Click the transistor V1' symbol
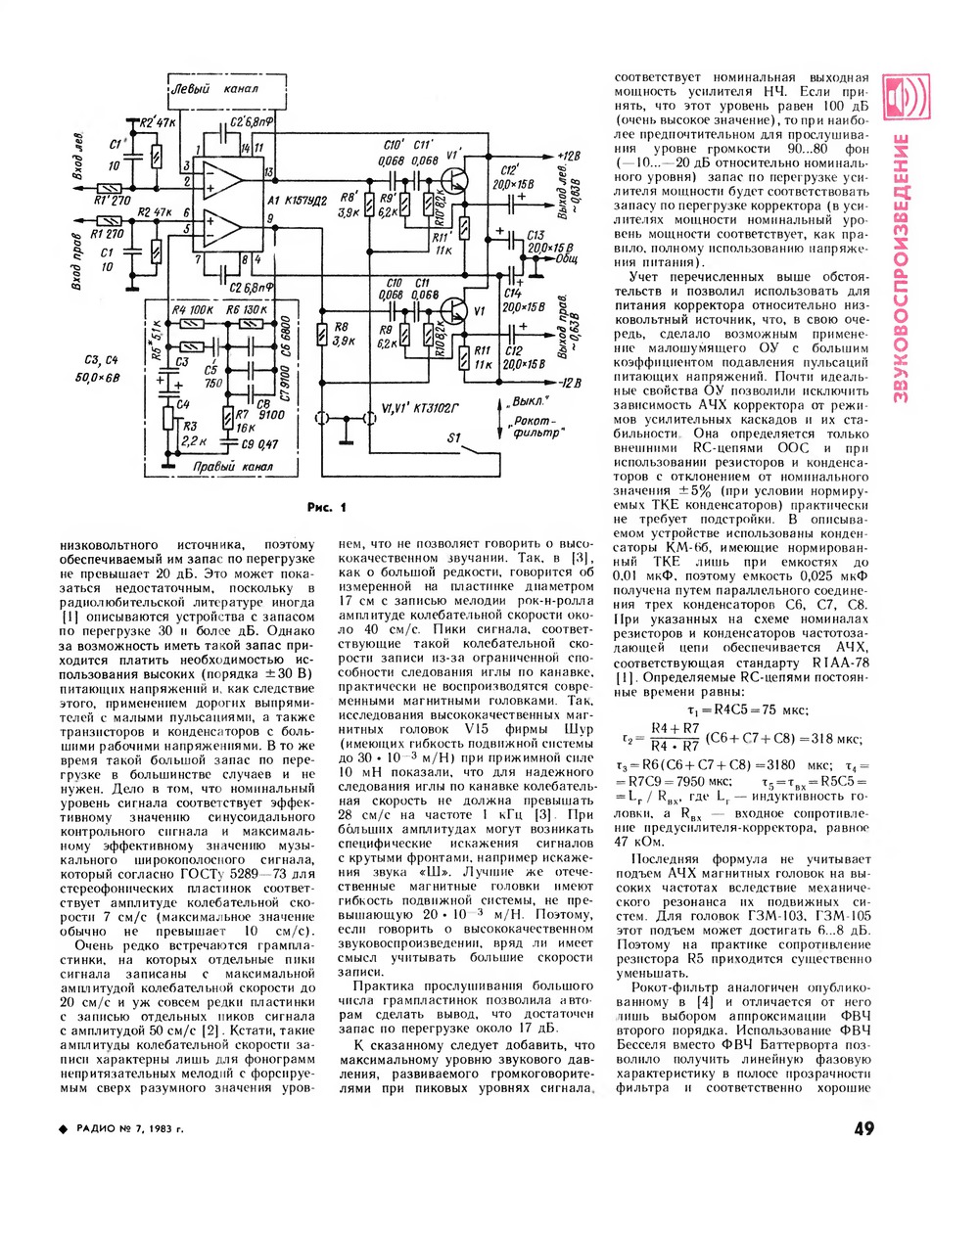(x=452, y=180)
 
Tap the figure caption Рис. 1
(x=326, y=507)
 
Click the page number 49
(x=862, y=1129)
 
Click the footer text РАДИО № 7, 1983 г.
(x=128, y=1129)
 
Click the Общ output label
(x=567, y=262)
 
